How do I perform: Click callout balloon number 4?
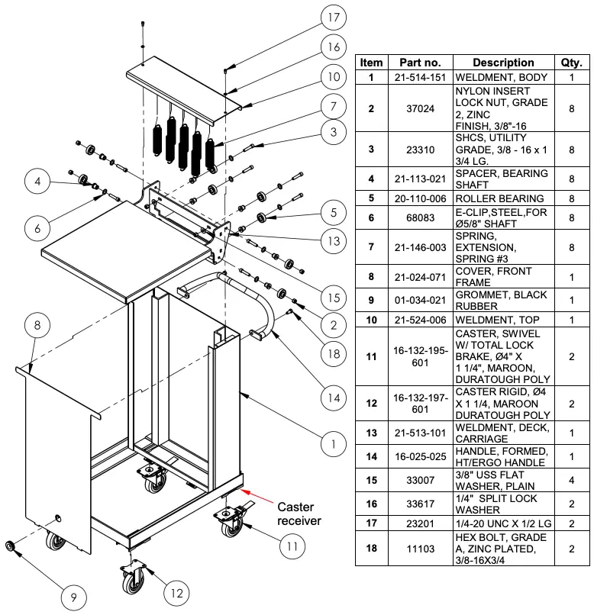click(x=37, y=182)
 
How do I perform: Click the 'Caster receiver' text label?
click(x=300, y=514)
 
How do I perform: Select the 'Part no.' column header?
click(x=420, y=63)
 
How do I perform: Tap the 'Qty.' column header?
click(x=571, y=63)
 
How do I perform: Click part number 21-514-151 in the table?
click(x=420, y=78)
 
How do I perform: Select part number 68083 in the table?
click(x=420, y=218)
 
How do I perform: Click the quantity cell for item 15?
click(x=571, y=481)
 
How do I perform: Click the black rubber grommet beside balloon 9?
click(x=11, y=546)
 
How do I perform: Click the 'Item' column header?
click(x=372, y=63)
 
